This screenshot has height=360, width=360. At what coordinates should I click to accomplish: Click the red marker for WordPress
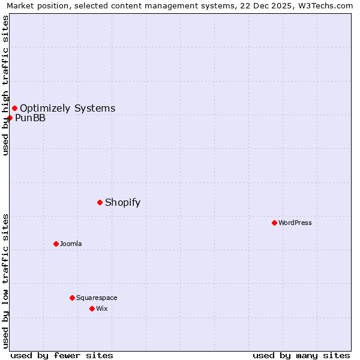274,223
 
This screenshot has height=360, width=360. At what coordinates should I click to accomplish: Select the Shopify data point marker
100,202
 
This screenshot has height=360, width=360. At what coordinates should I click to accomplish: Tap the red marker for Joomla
56,244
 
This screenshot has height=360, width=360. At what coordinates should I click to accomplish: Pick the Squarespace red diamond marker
72,298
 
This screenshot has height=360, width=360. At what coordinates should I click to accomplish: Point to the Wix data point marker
92,308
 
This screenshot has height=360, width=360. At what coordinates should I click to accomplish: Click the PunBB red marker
10,118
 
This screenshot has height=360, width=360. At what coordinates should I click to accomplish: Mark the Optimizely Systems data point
14,108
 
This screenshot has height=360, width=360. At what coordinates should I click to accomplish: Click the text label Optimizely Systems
67,108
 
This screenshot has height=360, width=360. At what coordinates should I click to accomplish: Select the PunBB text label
30,118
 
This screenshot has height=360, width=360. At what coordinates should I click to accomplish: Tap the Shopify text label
122,202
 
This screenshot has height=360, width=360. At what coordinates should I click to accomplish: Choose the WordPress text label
295,223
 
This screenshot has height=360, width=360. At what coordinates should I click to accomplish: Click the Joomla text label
71,244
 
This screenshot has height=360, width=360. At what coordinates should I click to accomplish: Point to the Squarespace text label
97,298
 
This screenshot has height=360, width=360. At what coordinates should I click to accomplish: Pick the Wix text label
101,308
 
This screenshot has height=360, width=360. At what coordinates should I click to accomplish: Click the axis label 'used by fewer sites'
62,355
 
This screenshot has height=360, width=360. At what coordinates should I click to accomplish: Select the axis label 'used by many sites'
301,355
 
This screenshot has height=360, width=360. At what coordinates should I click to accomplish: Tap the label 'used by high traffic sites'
5,85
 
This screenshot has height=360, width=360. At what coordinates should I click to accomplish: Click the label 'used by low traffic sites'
5,281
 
